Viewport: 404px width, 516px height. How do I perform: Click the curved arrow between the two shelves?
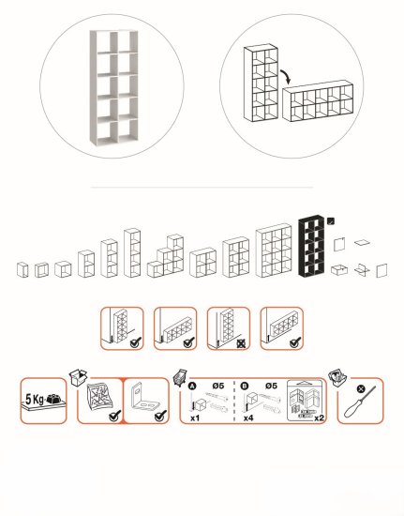point(287,76)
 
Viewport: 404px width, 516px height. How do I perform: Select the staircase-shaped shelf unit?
point(165,256)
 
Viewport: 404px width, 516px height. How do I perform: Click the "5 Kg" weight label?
point(35,400)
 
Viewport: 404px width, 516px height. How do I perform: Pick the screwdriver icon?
point(359,402)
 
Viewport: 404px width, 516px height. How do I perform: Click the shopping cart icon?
point(180,377)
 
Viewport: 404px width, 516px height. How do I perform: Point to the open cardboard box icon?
point(78,377)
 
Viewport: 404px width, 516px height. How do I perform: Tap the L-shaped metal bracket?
point(144,396)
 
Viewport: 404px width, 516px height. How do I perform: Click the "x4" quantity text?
point(248,417)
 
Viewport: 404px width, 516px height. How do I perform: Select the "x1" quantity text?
point(195,417)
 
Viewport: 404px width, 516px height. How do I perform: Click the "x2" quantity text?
point(319,417)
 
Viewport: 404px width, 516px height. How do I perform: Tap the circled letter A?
point(192,386)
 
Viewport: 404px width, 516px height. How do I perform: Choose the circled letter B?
point(245,386)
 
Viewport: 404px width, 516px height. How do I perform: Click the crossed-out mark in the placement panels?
point(241,344)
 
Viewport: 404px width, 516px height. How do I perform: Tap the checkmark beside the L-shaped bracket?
point(160,416)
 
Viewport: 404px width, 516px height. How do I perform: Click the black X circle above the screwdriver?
point(361,388)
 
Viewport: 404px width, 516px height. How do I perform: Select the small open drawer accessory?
point(339,270)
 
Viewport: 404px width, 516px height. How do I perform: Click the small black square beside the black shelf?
point(331,221)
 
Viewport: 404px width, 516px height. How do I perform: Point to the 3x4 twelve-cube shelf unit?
point(274,250)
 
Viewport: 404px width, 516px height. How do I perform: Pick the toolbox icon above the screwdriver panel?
point(337,378)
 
